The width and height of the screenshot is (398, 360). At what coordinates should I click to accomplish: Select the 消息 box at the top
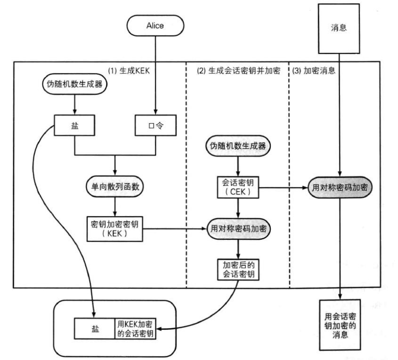(339, 27)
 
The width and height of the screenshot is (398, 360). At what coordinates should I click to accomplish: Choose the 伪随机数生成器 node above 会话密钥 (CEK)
(239, 146)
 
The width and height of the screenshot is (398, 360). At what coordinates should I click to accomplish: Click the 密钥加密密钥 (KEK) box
(115, 229)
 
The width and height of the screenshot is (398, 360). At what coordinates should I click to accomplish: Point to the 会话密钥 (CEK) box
(239, 186)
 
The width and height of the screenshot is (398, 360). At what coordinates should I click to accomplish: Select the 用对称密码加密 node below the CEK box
(239, 229)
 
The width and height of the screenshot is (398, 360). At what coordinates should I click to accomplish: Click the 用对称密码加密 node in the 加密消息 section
(340, 186)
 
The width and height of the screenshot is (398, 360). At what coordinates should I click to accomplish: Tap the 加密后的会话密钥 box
(239, 268)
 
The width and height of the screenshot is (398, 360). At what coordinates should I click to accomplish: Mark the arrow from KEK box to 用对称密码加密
(174, 229)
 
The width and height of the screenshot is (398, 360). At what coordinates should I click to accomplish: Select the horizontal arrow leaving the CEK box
(283, 187)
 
